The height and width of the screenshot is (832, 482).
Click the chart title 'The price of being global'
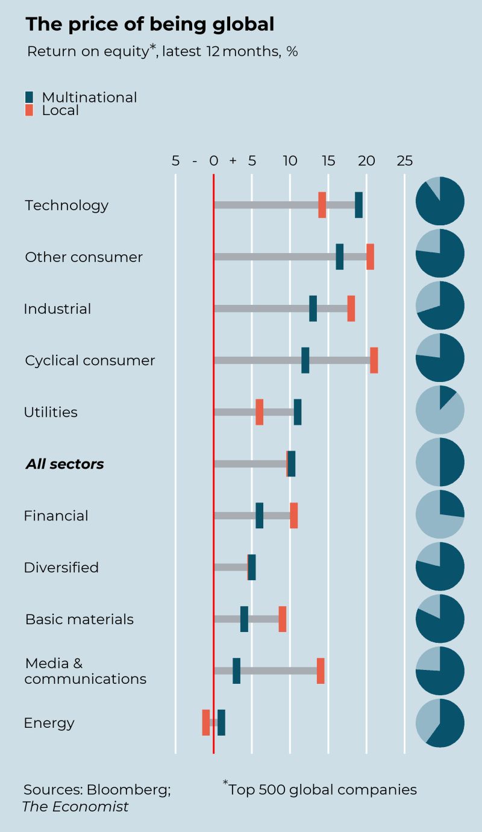149,24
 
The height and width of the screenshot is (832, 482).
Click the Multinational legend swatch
30,97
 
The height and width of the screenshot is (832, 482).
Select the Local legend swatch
30,110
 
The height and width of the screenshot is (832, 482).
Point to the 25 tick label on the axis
404,161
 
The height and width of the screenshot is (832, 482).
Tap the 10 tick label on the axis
290,161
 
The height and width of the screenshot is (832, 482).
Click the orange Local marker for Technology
322,205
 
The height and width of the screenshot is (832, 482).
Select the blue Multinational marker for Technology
358,205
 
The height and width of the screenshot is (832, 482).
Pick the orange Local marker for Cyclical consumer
374,360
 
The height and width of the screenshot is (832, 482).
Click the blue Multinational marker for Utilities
298,412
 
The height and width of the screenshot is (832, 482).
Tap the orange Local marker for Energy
206,722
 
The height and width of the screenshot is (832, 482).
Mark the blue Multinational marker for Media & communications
236,671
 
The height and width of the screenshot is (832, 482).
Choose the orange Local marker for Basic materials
283,619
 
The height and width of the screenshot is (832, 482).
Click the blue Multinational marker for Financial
259,515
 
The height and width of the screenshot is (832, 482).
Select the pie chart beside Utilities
440,410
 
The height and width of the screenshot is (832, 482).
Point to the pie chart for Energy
440,723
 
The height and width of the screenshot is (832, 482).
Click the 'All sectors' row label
64,464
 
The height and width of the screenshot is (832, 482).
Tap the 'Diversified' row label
61,568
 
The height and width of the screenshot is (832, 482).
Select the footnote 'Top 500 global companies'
322,789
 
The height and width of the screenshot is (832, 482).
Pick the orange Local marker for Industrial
351,308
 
